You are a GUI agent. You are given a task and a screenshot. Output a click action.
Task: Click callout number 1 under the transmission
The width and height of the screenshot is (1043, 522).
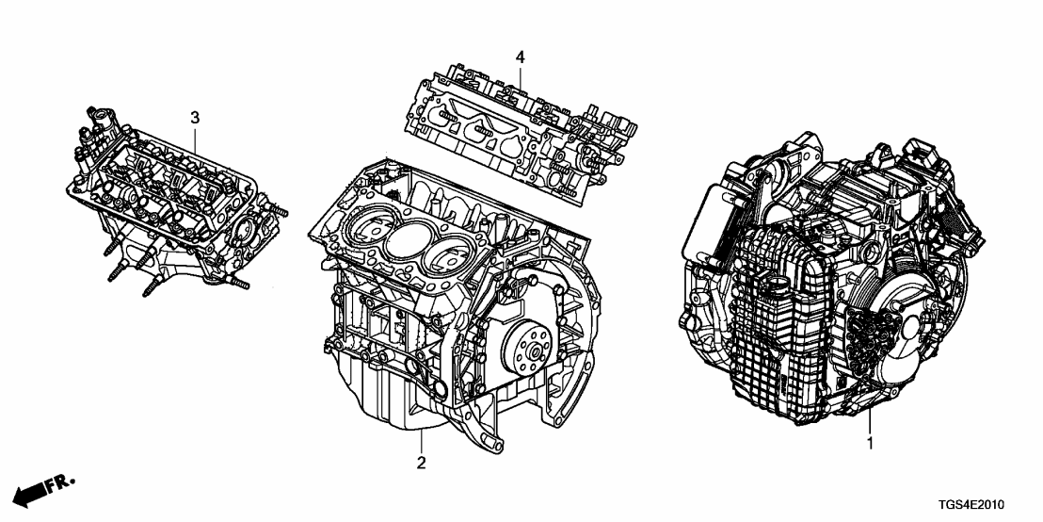click(x=869, y=442)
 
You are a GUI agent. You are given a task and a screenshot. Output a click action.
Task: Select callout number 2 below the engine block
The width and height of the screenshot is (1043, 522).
click(x=422, y=463)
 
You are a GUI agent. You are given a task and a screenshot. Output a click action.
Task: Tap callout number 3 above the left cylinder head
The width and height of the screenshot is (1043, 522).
click(x=195, y=118)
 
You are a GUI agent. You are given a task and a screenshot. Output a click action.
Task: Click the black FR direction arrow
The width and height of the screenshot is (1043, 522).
click(x=32, y=492)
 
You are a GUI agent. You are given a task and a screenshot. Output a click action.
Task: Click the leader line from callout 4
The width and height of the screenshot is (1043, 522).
click(x=519, y=75)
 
